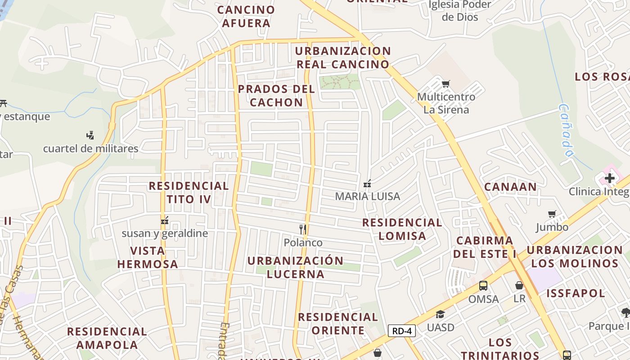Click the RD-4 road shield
coord(401,331)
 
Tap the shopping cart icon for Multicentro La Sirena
coord(446,84)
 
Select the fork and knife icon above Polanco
coord(303,229)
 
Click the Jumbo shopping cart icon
coord(552,214)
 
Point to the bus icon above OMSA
coord(483,286)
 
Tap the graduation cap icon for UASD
coord(440,314)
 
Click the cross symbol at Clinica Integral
coord(610,178)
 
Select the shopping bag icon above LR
coord(519,285)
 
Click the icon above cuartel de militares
coord(90,135)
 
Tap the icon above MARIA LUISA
coord(367,183)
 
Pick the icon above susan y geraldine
coord(165,220)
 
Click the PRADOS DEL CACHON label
coord(276,95)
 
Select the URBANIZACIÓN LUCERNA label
coord(295,267)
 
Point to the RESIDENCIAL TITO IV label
coord(189,192)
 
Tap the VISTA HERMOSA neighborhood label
coord(148,257)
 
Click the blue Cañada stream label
coord(566,130)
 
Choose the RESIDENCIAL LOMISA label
coord(402,229)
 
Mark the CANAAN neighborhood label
coord(510,187)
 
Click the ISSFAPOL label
coord(576,293)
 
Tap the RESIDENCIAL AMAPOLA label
coord(107,338)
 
